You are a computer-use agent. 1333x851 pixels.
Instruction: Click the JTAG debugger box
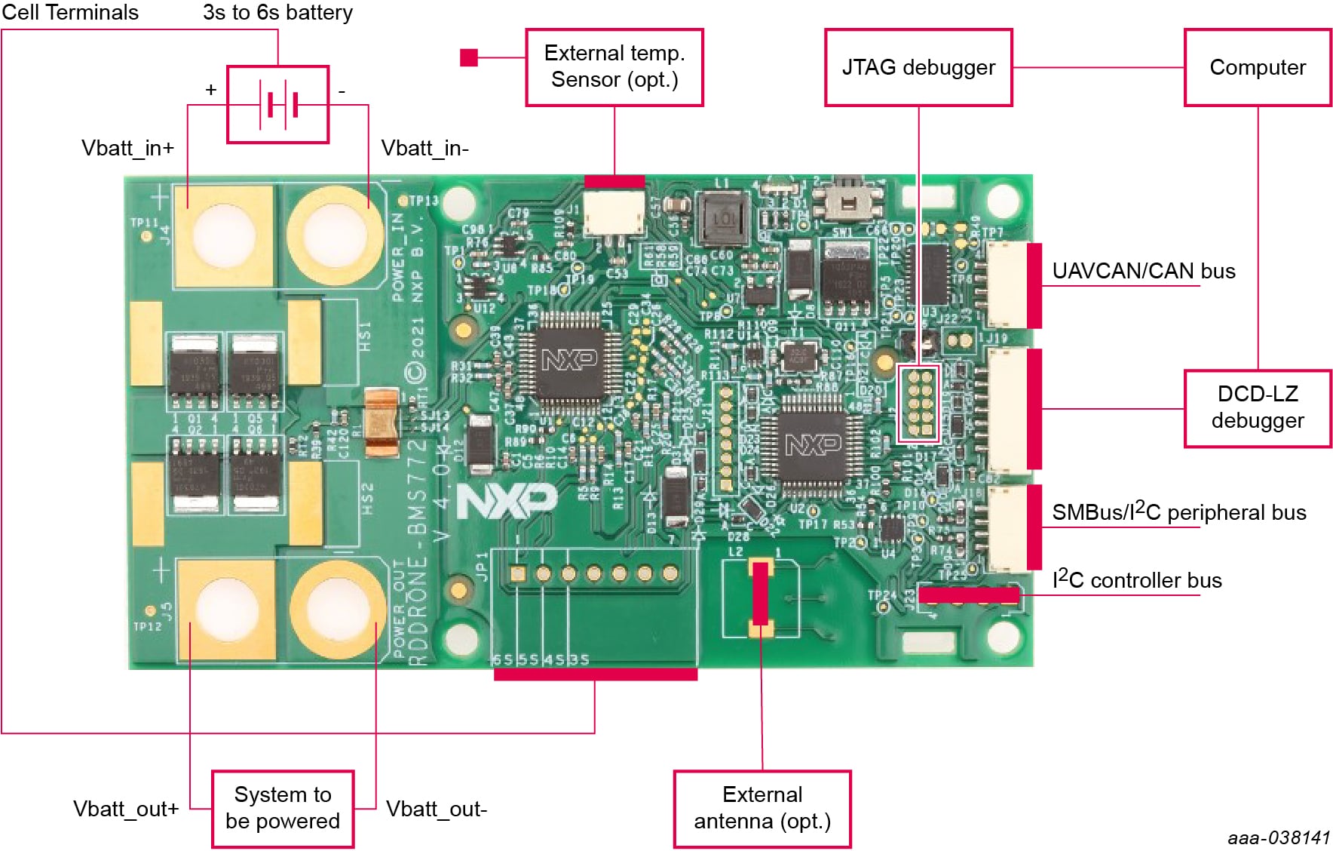(x=918, y=68)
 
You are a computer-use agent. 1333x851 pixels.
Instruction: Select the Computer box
(x=1258, y=68)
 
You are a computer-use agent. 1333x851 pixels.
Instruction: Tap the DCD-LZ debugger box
(x=1258, y=408)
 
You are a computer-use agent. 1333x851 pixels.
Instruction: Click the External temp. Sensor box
(x=614, y=67)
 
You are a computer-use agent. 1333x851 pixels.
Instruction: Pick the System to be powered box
(x=283, y=808)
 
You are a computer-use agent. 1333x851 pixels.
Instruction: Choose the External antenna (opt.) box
(x=762, y=808)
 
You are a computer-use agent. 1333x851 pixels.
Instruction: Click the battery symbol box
(x=278, y=104)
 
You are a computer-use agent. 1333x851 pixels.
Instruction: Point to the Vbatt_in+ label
(x=127, y=148)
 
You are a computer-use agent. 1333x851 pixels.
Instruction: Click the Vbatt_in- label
(x=424, y=148)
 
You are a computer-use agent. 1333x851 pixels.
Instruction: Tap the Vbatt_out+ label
(x=126, y=809)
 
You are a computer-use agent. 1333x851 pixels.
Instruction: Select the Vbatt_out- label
(x=437, y=809)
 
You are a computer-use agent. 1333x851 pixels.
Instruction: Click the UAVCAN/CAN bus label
(x=1143, y=271)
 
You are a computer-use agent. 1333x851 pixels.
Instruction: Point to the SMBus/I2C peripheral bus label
(x=1178, y=512)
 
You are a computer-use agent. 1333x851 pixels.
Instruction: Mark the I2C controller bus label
(x=1137, y=579)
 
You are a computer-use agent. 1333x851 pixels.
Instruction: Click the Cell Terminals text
(x=70, y=12)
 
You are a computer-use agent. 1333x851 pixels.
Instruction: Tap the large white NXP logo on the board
(x=507, y=500)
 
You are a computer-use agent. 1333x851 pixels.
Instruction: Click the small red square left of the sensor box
(x=469, y=57)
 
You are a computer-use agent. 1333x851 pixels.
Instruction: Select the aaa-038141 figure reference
(x=1279, y=837)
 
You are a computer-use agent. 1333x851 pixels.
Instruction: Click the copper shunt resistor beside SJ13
(x=382, y=422)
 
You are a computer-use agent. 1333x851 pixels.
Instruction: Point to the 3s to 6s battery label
(x=277, y=12)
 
